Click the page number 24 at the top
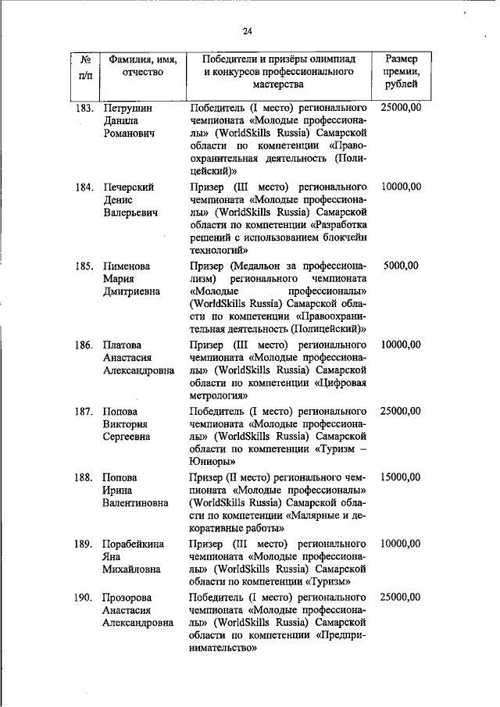[x=248, y=31]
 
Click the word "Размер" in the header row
[x=402, y=59]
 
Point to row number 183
[x=85, y=106]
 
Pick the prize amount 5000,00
[x=402, y=266]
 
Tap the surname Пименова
[x=127, y=266]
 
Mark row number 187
[x=85, y=411]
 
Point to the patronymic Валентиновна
[x=136, y=503]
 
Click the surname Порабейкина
[x=136, y=543]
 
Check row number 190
[x=85, y=597]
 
